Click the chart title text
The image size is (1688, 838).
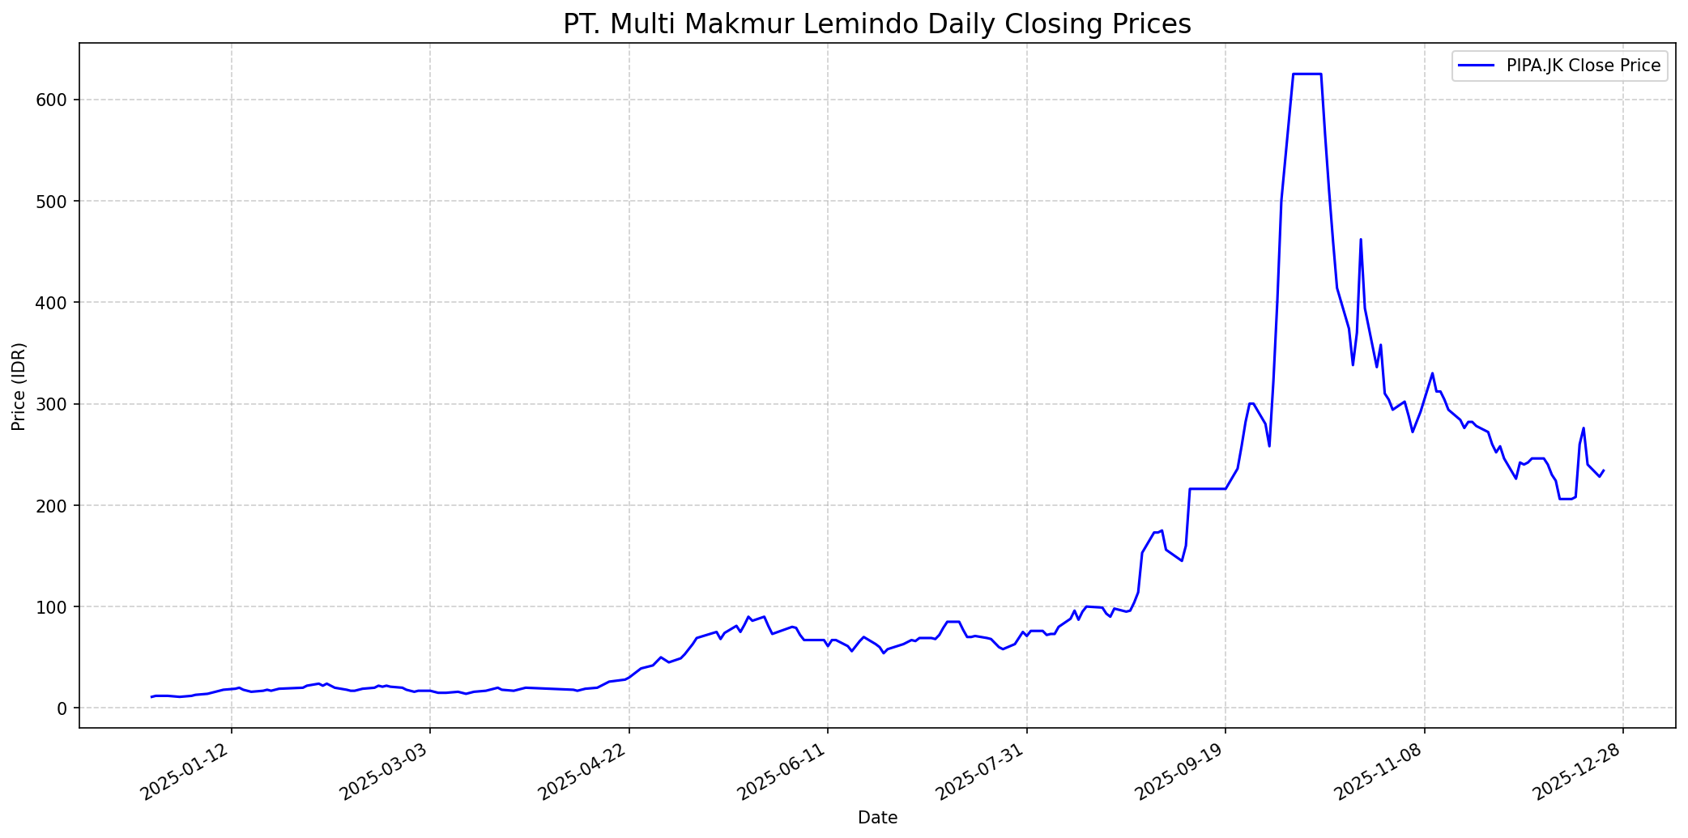[x=877, y=24]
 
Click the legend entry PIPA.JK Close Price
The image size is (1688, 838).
[x=1583, y=66]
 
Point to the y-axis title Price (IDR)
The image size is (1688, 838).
[x=19, y=386]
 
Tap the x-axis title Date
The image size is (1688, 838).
[x=877, y=818]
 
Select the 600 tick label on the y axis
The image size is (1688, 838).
[x=54, y=100]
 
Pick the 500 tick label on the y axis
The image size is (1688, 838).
[x=54, y=201]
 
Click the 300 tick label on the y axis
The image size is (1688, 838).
[x=54, y=404]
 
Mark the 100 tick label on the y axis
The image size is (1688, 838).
[x=54, y=606]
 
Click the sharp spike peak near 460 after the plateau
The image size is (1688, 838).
[x=1361, y=240]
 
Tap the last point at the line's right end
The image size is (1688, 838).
[x=1604, y=470]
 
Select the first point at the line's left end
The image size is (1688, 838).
[x=151, y=697]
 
